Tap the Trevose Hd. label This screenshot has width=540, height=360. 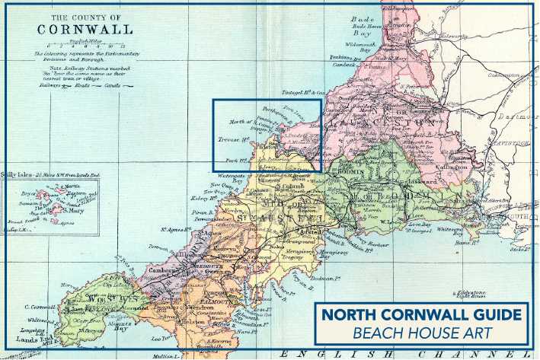tap(232, 141)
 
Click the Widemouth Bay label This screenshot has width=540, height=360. tap(359, 48)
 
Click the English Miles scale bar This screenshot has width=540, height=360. tap(83, 45)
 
